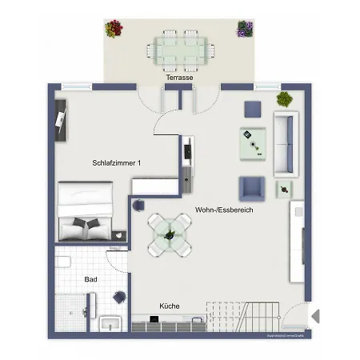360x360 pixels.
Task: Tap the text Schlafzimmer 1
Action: [x=116, y=163]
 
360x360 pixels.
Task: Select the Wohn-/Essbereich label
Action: [x=224, y=210]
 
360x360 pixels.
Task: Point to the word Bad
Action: [x=91, y=279]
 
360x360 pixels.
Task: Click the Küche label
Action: [x=169, y=306]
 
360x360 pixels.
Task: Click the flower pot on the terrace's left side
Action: [x=114, y=30]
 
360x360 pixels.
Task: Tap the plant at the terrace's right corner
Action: [x=244, y=30]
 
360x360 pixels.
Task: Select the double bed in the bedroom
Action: [x=84, y=210]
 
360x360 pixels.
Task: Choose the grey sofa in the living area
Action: [x=284, y=144]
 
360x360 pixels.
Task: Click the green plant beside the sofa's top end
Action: [x=284, y=99]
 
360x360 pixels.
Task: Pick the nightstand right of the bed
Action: [x=121, y=235]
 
